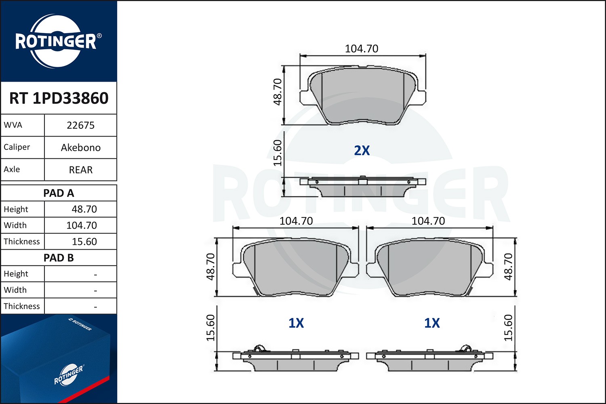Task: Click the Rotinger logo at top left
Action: (58, 41)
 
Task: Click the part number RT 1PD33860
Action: (59, 98)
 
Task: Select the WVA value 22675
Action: (80, 125)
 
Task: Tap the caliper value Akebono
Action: (80, 147)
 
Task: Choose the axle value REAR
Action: (80, 170)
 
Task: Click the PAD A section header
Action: (59, 193)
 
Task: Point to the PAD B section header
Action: (59, 258)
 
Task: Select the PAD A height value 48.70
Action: (84, 209)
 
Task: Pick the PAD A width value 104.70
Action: (82, 225)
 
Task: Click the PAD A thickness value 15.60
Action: (84, 242)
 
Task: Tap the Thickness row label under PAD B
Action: (22, 306)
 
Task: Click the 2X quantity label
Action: (362, 150)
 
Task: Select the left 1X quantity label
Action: (296, 323)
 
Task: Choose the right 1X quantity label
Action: (431, 323)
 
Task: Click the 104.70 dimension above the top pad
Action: (362, 48)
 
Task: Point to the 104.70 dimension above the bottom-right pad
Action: (428, 221)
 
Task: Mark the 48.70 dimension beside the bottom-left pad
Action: (210, 267)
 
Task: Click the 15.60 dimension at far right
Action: (508, 328)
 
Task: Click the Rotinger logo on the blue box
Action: (68, 375)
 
